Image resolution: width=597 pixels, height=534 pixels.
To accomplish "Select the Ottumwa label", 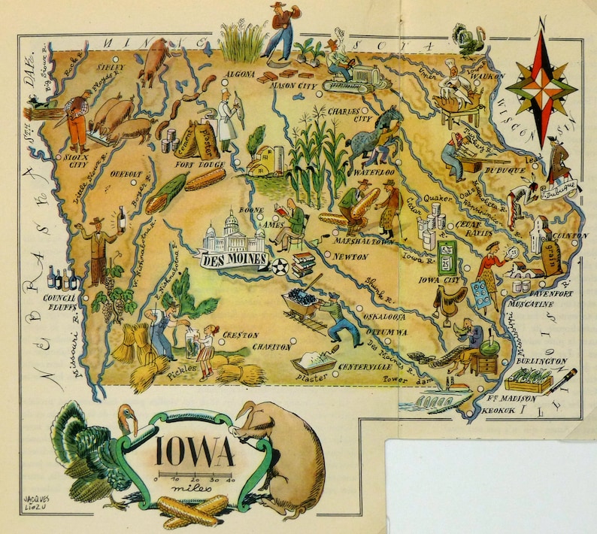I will click(385, 332).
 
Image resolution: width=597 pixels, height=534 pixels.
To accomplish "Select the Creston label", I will click(239, 335).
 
